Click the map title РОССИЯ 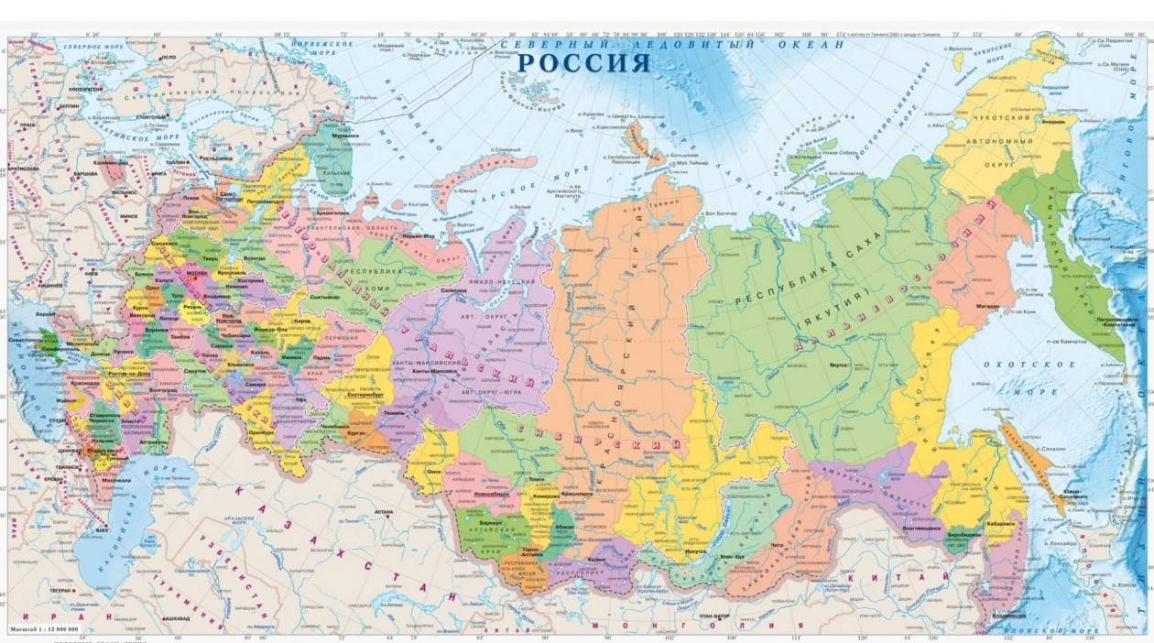pos(584,63)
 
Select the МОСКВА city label pos(197,273)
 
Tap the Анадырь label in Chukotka pos(1053,121)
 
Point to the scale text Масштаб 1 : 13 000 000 pos(44,630)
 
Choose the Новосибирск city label pos(492,495)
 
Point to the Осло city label pos(168,57)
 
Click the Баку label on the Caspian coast pos(102,529)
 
